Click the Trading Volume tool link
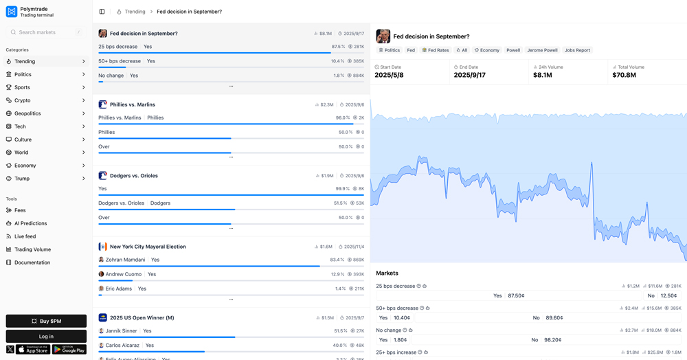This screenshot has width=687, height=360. coord(32,249)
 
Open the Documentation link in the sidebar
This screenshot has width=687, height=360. coord(32,262)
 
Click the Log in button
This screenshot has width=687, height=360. coord(46,336)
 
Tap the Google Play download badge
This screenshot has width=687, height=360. coord(69,350)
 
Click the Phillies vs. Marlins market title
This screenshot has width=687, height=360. coord(133,104)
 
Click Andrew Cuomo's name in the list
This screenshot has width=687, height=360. coord(124,274)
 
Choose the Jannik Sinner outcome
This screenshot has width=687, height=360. coord(121,331)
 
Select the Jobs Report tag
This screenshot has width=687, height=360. coord(577,50)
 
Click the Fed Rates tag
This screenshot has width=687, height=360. coord(436,50)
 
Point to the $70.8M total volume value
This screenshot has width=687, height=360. coord(624,75)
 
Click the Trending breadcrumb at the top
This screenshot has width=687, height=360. coord(135,12)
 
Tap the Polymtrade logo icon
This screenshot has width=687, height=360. coord(12,12)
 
